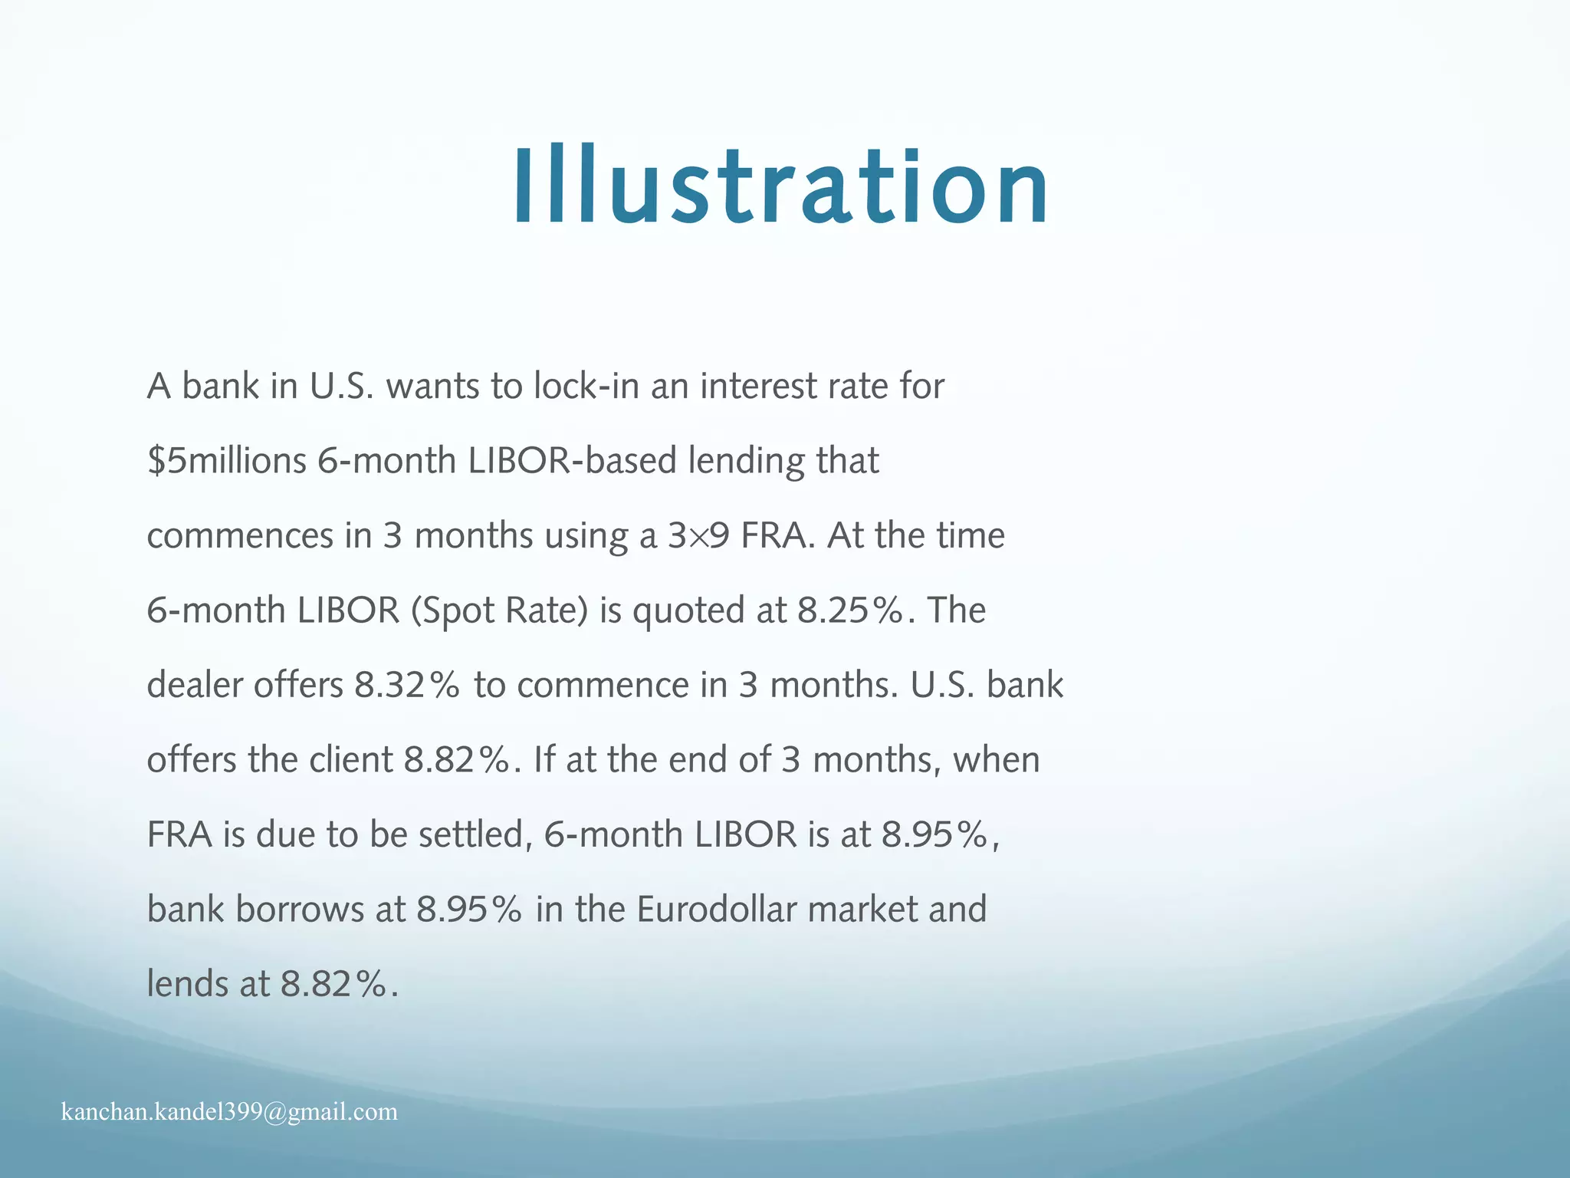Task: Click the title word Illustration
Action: (780, 188)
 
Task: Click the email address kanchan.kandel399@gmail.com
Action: (229, 1111)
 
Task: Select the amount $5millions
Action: (226, 461)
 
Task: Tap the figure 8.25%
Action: (849, 610)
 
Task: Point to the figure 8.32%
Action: (406, 685)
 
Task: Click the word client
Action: (351, 760)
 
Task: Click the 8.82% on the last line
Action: (333, 984)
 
